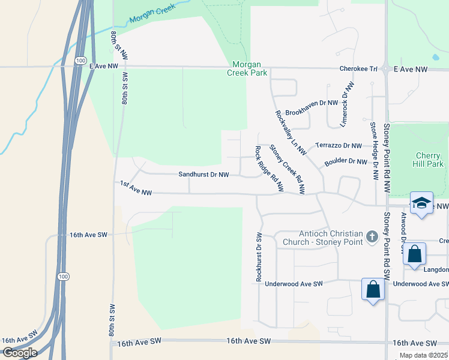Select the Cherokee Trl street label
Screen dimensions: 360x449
(358, 70)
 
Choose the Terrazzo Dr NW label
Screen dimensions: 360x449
(339, 146)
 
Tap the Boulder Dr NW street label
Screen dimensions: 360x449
(345, 161)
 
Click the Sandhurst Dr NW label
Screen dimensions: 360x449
(203, 175)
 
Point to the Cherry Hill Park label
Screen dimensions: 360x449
(429, 160)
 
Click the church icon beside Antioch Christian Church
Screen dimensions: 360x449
(372, 236)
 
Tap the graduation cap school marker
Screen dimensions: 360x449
(422, 203)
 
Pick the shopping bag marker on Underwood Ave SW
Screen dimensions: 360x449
(373, 289)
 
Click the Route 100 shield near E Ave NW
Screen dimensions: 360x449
(79, 61)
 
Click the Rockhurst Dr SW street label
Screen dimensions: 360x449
(259, 257)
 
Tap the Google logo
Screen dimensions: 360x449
(19, 352)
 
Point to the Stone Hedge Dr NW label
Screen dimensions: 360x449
(373, 151)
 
